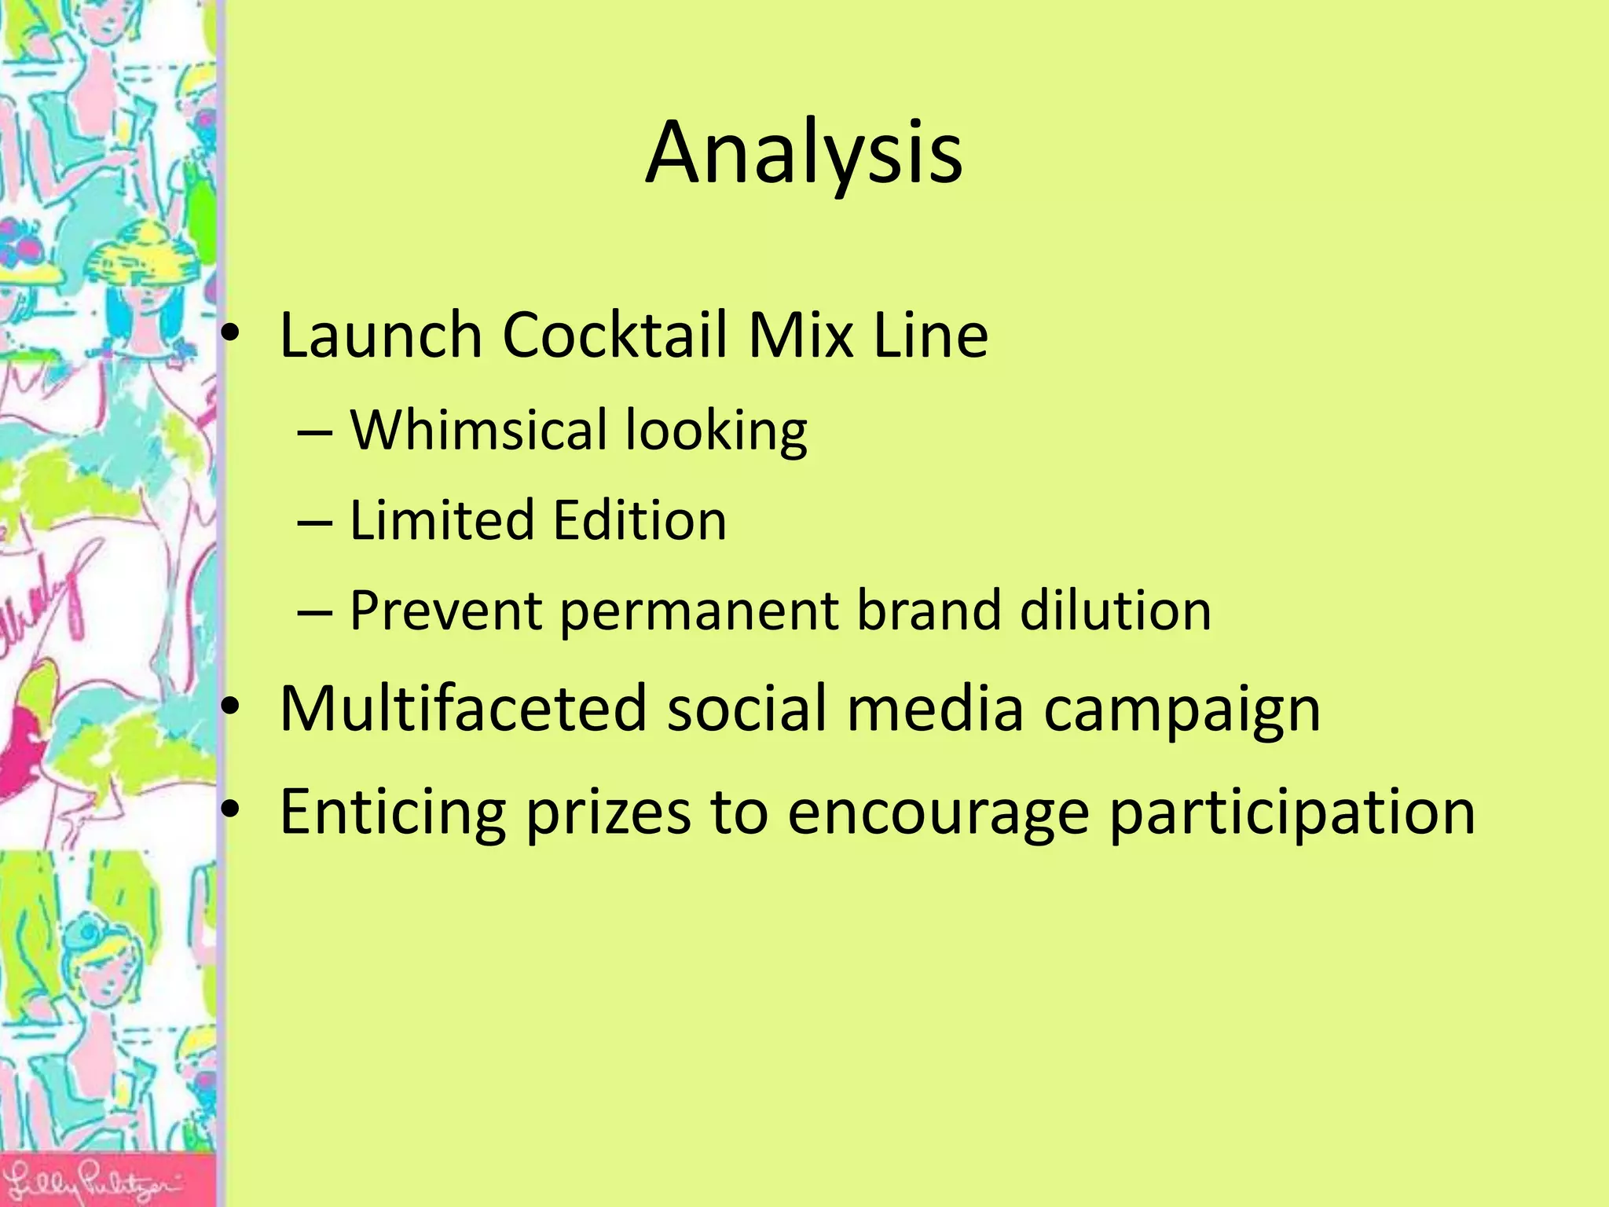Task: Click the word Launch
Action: pos(380,336)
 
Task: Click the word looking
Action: pos(716,432)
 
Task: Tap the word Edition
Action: pos(640,520)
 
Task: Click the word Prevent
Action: pos(445,611)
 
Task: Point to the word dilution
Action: pos(1116,611)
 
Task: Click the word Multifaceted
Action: pos(463,709)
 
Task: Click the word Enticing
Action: pos(393,813)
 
